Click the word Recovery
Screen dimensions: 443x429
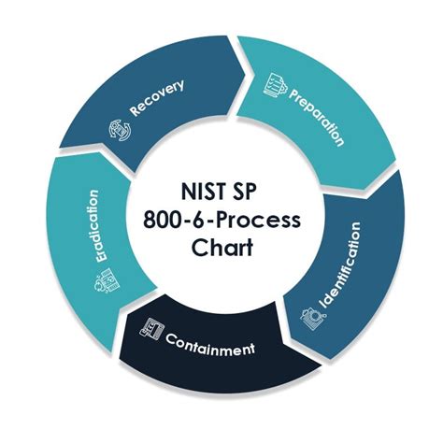(x=157, y=98)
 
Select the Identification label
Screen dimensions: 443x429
(x=340, y=265)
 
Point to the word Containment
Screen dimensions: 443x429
(x=210, y=345)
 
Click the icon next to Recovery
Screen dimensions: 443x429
(x=120, y=131)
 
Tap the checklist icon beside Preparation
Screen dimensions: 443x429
(x=274, y=85)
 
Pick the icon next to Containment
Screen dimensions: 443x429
(x=151, y=330)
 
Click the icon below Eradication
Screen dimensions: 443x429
(x=107, y=280)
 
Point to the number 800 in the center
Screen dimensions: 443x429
(x=164, y=220)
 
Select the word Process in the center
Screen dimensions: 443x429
(x=258, y=220)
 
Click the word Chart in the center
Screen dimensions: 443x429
(x=221, y=247)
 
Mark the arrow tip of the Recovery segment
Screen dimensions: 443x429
(x=246, y=74)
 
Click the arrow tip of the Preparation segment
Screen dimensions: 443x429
(x=364, y=190)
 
